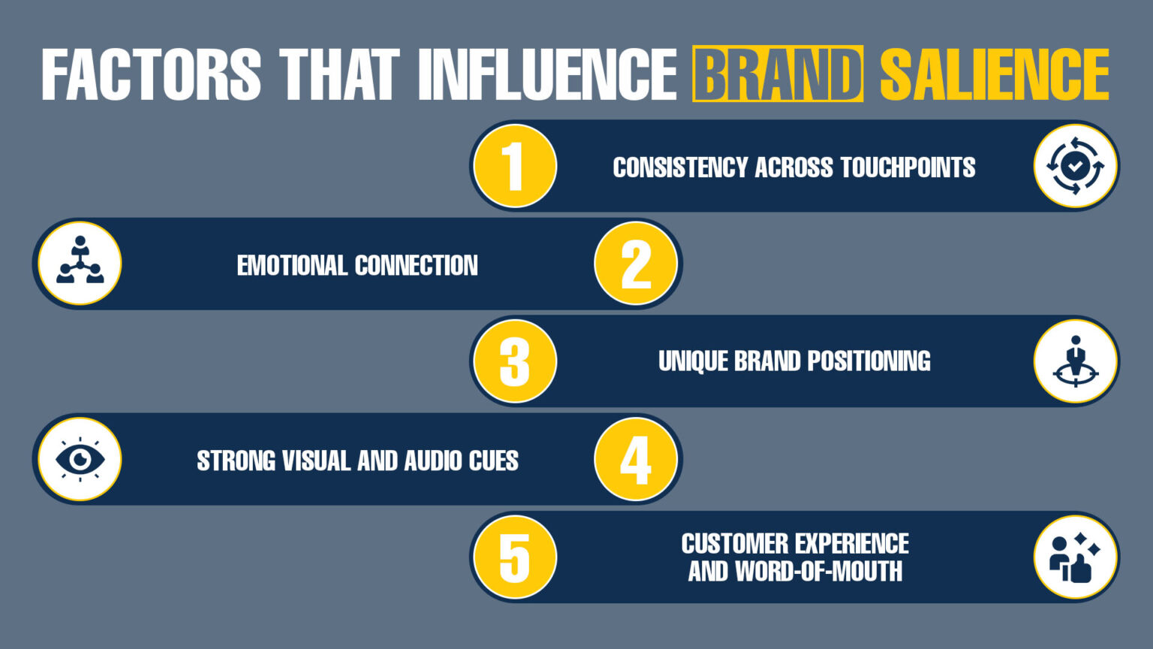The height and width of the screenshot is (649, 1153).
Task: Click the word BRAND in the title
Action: tap(777, 74)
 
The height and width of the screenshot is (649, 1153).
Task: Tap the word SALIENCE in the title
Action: tap(994, 74)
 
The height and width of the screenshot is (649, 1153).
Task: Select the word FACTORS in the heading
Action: tap(151, 74)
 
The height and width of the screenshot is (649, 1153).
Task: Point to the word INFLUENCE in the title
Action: tap(547, 74)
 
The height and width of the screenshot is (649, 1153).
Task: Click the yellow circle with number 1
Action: tap(515, 166)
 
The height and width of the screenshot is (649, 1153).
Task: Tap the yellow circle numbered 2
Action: tap(636, 264)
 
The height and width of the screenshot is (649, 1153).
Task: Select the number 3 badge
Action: tap(515, 361)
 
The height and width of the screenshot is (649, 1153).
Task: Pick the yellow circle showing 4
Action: tap(636, 459)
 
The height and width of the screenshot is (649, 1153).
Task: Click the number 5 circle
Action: tap(515, 557)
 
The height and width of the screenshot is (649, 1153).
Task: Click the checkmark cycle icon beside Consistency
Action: tap(1075, 166)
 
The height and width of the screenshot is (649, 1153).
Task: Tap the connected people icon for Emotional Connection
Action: tap(80, 263)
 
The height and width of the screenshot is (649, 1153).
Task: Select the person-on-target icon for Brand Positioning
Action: tap(1075, 361)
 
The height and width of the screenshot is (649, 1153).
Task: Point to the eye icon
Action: tap(80, 459)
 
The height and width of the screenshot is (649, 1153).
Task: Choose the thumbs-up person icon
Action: tap(1075, 557)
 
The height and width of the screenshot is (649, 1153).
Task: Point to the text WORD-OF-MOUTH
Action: tap(819, 572)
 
